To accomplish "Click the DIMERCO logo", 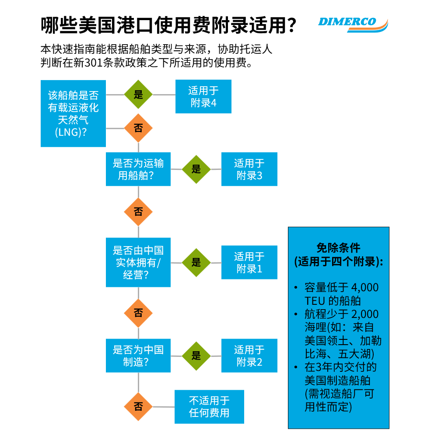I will click(353, 23).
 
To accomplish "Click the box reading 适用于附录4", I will click(203, 97).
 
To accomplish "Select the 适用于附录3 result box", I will click(249, 169).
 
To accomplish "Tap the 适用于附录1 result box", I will click(249, 262).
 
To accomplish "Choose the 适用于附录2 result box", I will click(249, 356).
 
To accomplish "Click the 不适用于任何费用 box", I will click(209, 406).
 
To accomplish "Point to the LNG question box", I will click(73, 113).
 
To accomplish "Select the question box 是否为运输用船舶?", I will click(138, 169).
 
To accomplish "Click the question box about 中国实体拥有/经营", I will click(138, 262).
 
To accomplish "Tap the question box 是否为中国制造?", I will click(138, 356).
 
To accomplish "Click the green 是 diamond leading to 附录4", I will click(138, 95).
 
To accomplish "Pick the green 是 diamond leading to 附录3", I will click(196, 169).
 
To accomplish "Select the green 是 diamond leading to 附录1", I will click(196, 262).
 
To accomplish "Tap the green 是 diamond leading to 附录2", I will click(196, 356).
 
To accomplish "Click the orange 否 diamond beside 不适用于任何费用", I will click(138, 406).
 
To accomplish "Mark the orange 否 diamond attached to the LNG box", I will click(138, 128).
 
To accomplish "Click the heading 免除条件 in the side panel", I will click(338, 248).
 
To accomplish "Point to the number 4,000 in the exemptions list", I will click(365, 288).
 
